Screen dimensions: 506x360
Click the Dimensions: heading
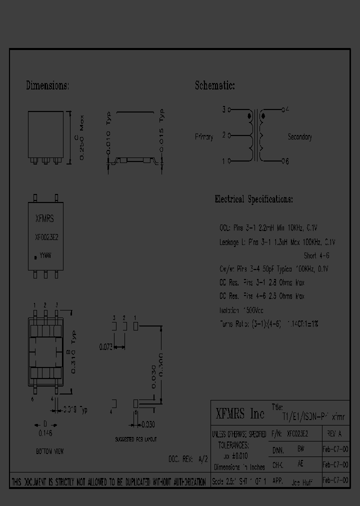(47, 85)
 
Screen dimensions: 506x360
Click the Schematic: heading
(214, 85)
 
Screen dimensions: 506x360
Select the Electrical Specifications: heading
(253, 199)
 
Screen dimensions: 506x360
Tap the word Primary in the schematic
(204, 136)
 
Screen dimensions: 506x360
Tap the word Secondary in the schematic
(300, 136)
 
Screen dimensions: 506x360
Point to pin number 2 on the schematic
(224, 134)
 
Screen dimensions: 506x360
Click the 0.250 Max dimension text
(83, 142)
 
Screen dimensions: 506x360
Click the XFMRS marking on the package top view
(45, 218)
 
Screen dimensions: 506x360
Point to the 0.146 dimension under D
(45, 433)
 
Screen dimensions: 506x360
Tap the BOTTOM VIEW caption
(49, 451)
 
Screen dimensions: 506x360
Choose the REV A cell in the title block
(334, 434)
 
